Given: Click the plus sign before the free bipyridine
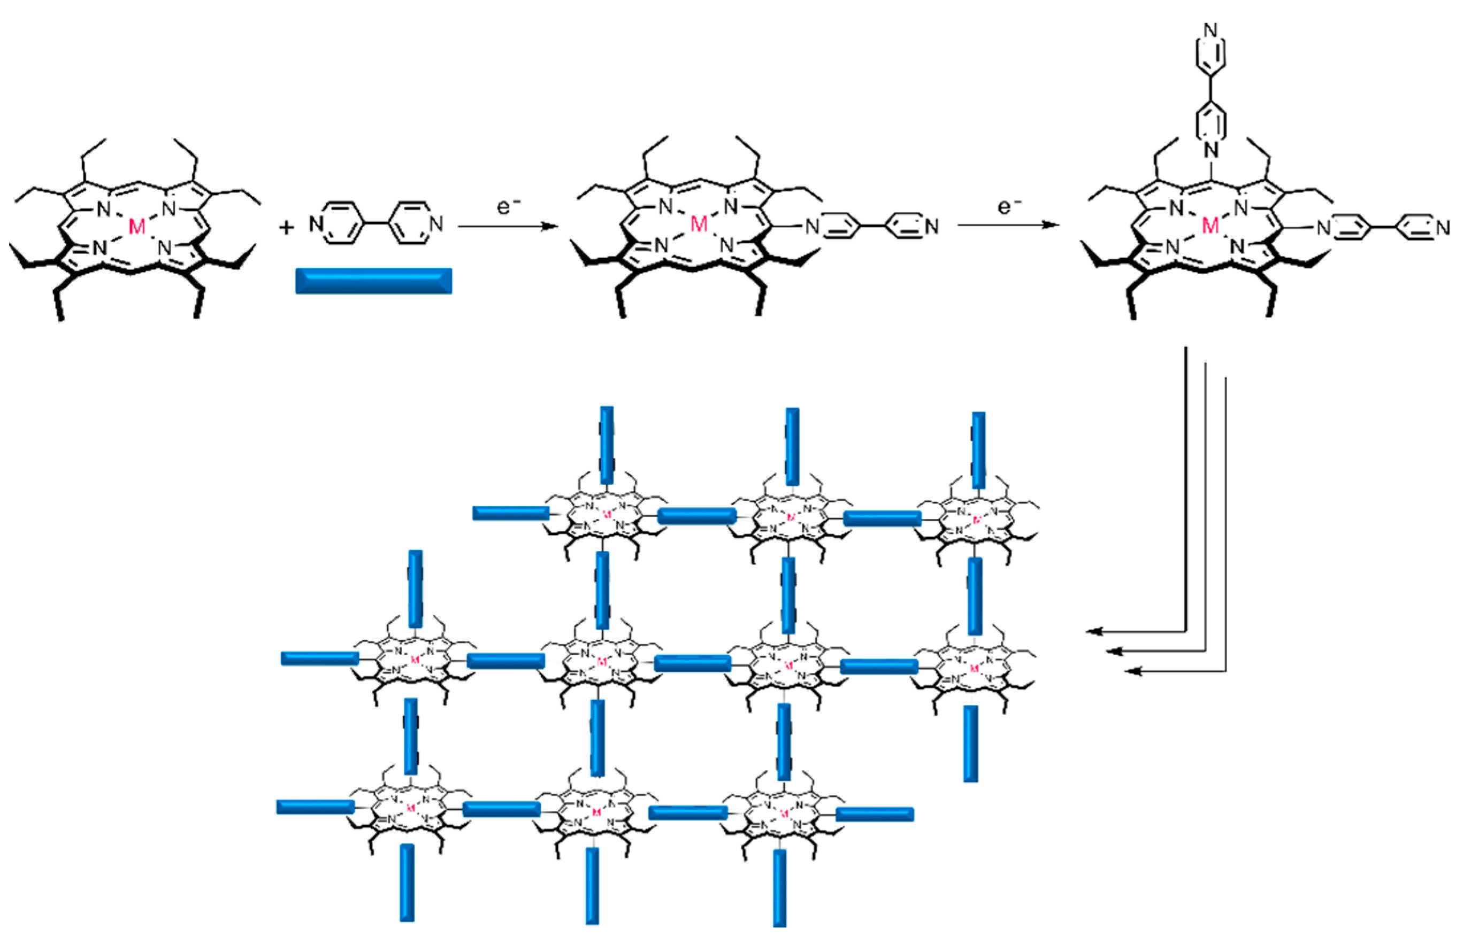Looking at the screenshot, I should pyautogui.click(x=286, y=228).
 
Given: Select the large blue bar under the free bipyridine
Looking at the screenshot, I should pyautogui.click(x=373, y=281).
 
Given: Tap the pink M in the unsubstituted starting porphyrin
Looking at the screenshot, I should pyautogui.click(x=137, y=227).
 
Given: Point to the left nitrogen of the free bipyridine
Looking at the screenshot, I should pyautogui.click(x=316, y=224).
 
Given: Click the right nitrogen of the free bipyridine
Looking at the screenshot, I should pyautogui.click(x=436, y=224).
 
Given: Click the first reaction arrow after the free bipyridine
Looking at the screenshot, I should pyautogui.click(x=508, y=227).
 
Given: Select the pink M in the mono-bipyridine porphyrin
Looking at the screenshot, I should pyautogui.click(x=699, y=225).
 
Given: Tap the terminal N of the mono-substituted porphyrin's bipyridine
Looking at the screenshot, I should pyautogui.click(x=931, y=227).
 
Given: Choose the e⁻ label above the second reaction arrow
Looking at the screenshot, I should pyautogui.click(x=1009, y=207).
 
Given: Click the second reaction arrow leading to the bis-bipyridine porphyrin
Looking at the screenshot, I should pyautogui.click(x=1008, y=225).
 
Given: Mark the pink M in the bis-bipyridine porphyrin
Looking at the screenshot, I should pyautogui.click(x=1210, y=226).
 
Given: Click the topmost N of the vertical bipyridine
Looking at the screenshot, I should pyautogui.click(x=1210, y=29).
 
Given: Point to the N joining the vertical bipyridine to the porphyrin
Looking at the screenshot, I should pyautogui.click(x=1210, y=149).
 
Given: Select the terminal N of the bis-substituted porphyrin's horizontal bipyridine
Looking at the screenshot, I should pyautogui.click(x=1443, y=228).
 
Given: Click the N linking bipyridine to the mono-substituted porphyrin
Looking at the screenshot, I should pyautogui.click(x=812, y=227).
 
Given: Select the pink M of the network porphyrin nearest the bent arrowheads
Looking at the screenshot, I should pyautogui.click(x=974, y=668).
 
